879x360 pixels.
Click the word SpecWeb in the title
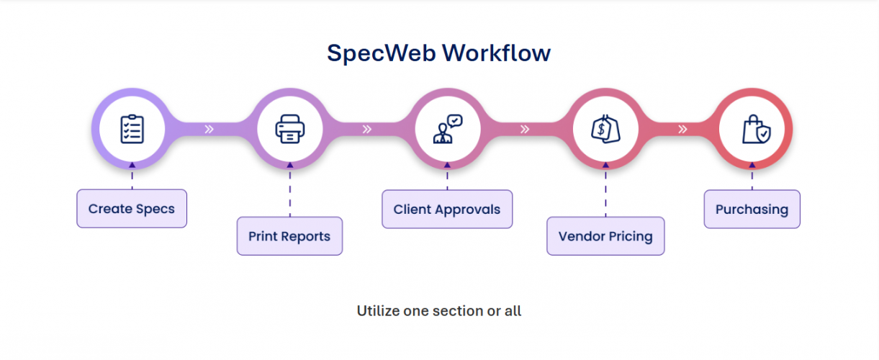click(381, 53)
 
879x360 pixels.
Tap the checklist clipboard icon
click(132, 129)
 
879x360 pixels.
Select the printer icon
click(289, 129)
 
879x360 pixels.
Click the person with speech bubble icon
click(447, 129)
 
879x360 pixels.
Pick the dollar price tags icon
click(605, 129)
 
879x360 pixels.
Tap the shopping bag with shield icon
click(755, 130)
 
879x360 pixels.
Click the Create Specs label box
click(132, 209)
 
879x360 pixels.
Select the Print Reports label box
click(289, 236)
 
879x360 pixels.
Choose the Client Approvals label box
click(447, 210)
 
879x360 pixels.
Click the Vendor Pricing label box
click(605, 236)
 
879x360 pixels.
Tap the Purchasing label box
click(752, 210)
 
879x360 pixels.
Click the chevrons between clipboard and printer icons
click(209, 130)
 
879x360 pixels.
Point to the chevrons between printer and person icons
click(367, 130)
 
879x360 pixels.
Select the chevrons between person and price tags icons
click(525, 130)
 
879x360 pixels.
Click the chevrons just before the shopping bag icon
click(682, 130)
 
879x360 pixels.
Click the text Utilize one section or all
click(439, 311)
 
